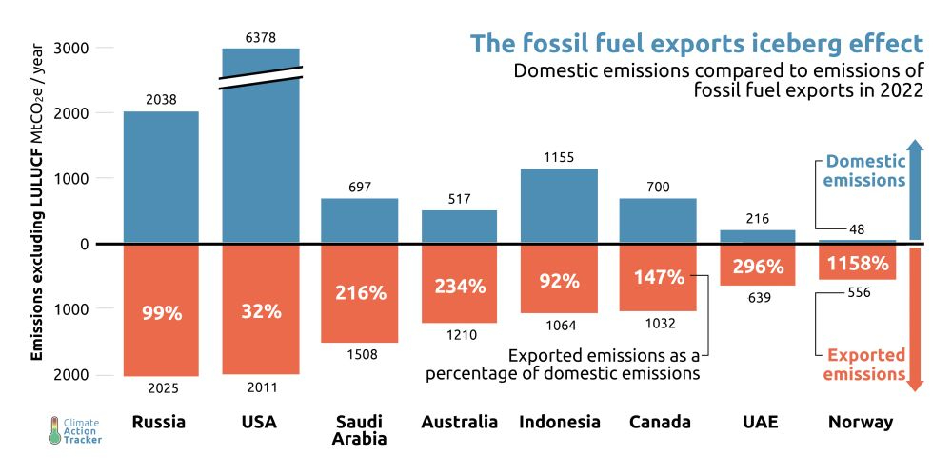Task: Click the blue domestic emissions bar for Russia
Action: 161,177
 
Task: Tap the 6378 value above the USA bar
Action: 261,37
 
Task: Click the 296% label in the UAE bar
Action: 758,266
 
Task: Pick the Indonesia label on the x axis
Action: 559,422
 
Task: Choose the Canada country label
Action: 658,422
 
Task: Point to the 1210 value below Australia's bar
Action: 460,334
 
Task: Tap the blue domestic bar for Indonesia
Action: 559,206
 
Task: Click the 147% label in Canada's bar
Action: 658,277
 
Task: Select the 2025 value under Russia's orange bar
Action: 161,387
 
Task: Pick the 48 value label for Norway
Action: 856,229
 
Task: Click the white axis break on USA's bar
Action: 261,78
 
